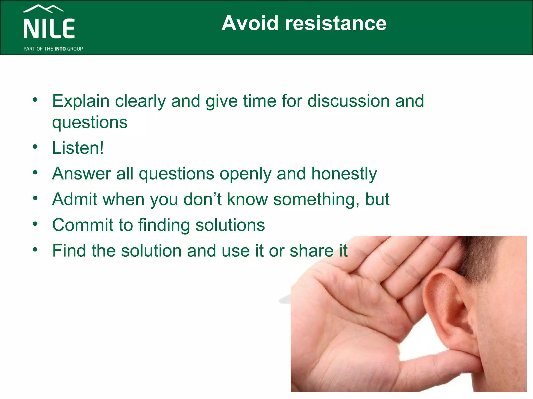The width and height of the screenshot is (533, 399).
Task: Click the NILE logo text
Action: click(x=49, y=29)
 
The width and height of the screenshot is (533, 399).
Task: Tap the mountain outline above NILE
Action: click(x=43, y=9)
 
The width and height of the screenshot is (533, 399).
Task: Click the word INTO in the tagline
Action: click(x=60, y=49)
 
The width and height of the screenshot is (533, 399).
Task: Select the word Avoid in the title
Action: click(x=250, y=23)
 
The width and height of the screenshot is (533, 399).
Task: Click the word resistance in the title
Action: click(x=336, y=23)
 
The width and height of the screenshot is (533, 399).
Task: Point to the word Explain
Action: click(x=81, y=101)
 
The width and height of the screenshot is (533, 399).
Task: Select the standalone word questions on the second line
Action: click(x=90, y=123)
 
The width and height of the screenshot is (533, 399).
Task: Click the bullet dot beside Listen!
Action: click(x=35, y=147)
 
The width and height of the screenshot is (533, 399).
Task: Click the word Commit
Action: click(x=83, y=225)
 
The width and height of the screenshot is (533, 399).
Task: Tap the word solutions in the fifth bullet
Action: click(x=230, y=225)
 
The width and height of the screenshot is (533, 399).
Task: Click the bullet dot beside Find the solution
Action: click(x=35, y=250)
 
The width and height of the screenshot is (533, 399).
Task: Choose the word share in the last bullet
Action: click(x=312, y=251)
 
